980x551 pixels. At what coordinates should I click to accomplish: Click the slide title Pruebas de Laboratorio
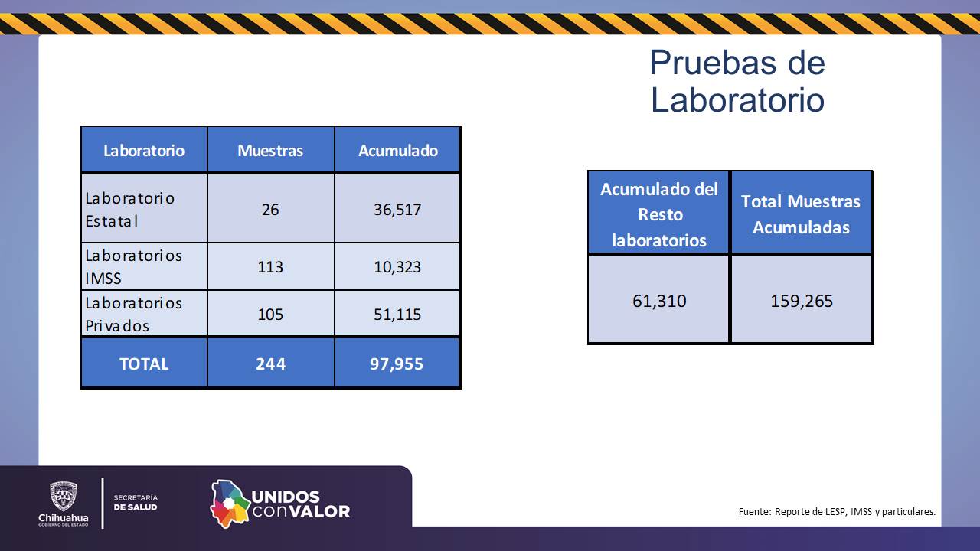tap(737, 81)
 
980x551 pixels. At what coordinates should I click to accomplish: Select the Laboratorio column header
tap(144, 150)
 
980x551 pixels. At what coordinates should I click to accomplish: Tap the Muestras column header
tap(270, 150)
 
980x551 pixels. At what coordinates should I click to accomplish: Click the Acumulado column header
tap(397, 150)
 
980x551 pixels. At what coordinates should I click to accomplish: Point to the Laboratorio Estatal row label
tap(130, 209)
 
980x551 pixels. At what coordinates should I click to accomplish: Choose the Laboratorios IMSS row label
tap(133, 266)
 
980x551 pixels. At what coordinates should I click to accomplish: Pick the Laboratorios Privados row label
tap(133, 314)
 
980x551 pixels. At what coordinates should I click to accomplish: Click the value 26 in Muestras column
tap(270, 209)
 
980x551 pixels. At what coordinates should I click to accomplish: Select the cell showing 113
tap(270, 267)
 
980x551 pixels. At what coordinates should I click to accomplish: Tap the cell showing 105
tap(270, 315)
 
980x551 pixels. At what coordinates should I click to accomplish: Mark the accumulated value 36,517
tap(397, 209)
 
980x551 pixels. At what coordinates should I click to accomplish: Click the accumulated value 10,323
tap(397, 267)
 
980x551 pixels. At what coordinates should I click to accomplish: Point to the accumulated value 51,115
tap(397, 315)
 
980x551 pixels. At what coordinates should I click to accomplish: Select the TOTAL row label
tap(144, 364)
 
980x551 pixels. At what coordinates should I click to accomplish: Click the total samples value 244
tap(270, 364)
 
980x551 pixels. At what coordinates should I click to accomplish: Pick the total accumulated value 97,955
tap(397, 364)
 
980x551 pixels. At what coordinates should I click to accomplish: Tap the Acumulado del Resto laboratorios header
tap(659, 214)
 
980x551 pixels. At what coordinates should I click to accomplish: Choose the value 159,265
tap(802, 301)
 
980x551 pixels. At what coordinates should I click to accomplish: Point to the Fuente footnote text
tap(837, 511)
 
